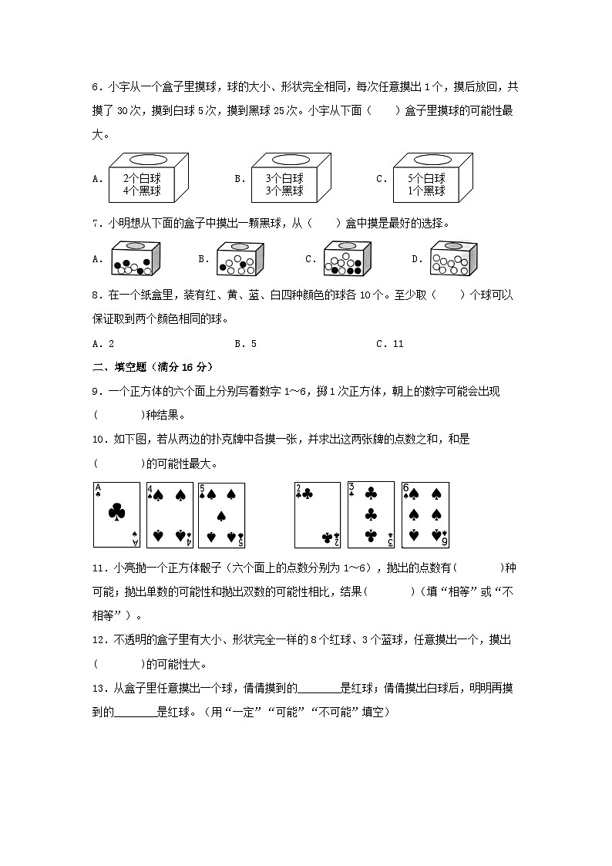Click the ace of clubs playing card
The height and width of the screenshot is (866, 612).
point(116,514)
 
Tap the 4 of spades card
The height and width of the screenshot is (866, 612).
point(170,514)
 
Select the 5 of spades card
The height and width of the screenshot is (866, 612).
point(221,514)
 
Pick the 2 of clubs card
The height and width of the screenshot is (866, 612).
point(317,514)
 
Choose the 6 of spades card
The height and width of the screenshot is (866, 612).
point(425,514)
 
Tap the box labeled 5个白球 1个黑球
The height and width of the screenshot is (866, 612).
point(432,178)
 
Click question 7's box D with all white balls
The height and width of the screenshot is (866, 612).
point(453,259)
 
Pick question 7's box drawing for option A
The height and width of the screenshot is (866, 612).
point(136,259)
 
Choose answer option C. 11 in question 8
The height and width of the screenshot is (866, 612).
point(390,344)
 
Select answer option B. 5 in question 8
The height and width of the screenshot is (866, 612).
point(245,344)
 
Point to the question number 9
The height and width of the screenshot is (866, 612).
point(96,392)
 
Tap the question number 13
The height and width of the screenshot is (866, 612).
point(98,689)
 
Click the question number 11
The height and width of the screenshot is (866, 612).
point(98,568)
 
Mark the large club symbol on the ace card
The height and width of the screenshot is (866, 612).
point(116,512)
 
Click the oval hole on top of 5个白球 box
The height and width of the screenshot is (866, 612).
point(431,160)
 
